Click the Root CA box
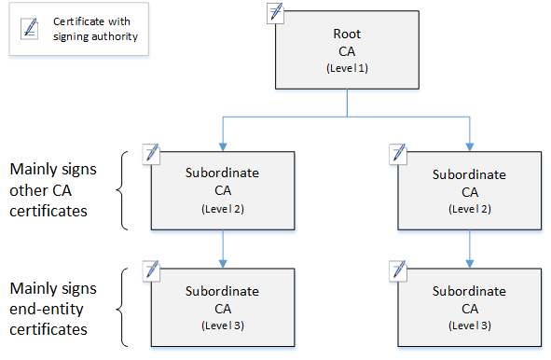pyautogui.click(x=347, y=51)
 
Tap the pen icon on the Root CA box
pyautogui.click(x=276, y=12)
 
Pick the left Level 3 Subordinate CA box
pyautogui.click(x=223, y=308)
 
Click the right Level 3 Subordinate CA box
pyautogui.click(x=470, y=308)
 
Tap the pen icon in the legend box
pyautogui.click(x=30, y=29)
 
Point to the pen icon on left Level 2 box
pyautogui.click(x=152, y=152)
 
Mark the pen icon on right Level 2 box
pyautogui.click(x=398, y=152)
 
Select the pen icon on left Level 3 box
pyautogui.click(x=152, y=270)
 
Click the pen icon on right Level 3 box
pyautogui.click(x=398, y=270)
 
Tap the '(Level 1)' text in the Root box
pyautogui.click(x=347, y=70)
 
